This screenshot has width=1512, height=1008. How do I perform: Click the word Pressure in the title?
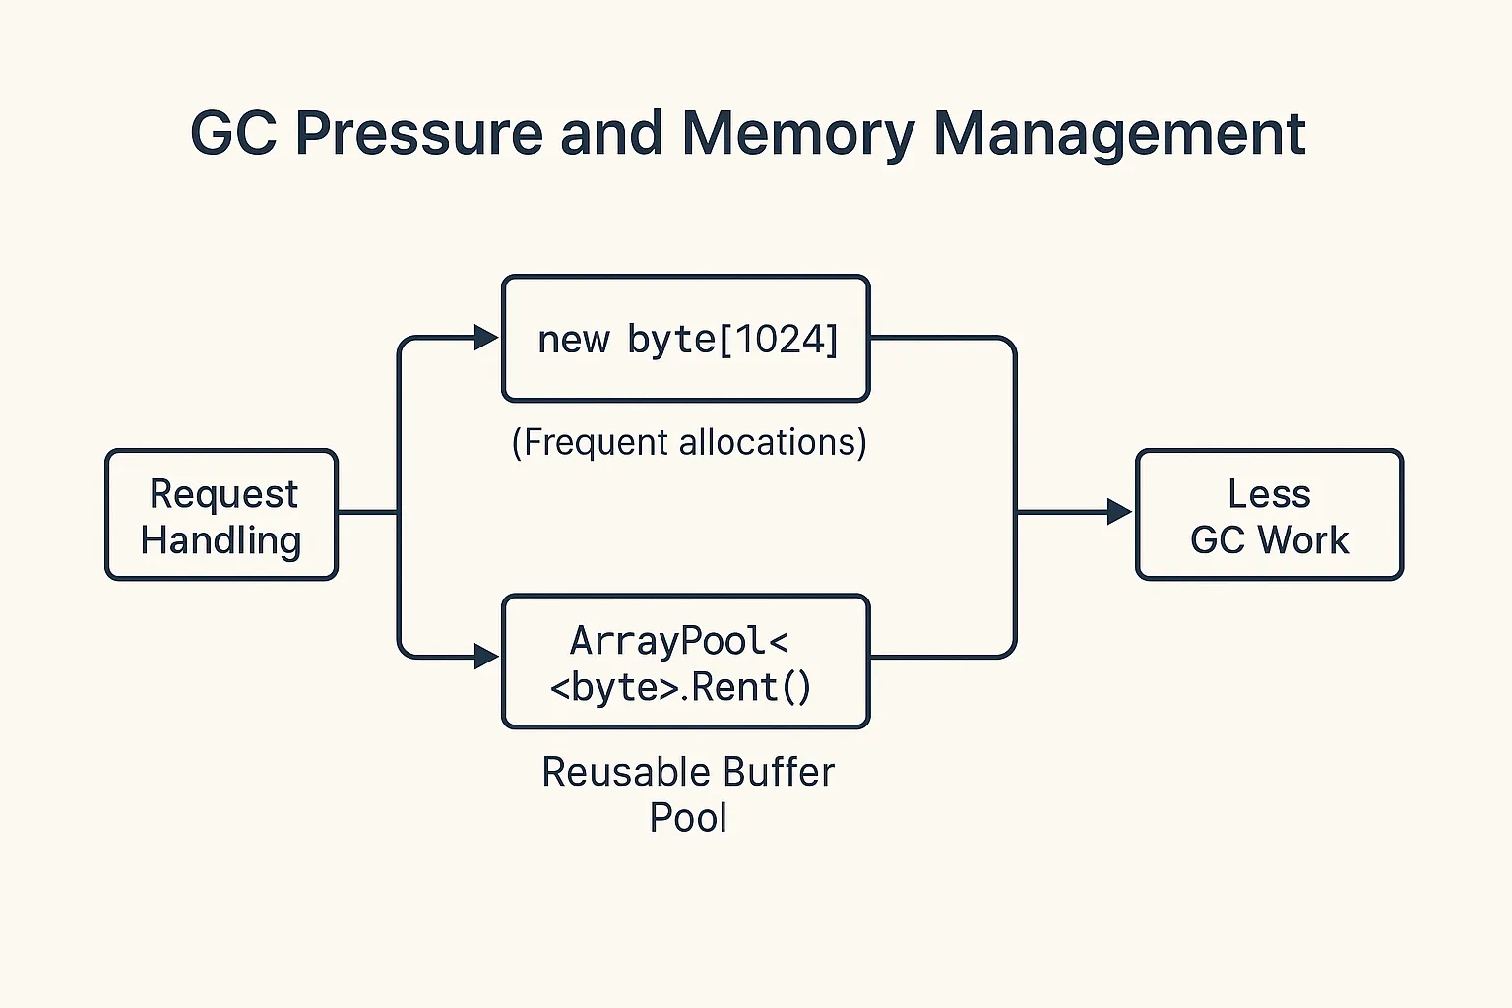tap(418, 133)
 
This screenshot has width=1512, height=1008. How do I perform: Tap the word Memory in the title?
tap(798, 133)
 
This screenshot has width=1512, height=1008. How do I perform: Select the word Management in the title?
tap(1118, 133)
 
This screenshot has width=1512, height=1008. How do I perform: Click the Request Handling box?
tap(221, 515)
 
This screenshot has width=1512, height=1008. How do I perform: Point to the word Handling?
tap(220, 540)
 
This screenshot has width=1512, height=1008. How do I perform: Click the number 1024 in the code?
tap(777, 340)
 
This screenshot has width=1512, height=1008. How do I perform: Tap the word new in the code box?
tap(573, 340)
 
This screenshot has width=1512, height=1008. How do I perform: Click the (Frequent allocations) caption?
tap(689, 442)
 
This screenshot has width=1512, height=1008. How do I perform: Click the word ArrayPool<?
tap(679, 641)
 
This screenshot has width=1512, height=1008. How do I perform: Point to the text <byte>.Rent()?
tap(681, 687)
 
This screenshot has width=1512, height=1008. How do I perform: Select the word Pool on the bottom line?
tap(688, 818)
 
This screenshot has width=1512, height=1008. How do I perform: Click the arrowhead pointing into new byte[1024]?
tap(486, 338)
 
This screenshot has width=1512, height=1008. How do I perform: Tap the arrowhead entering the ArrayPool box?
tap(486, 657)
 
